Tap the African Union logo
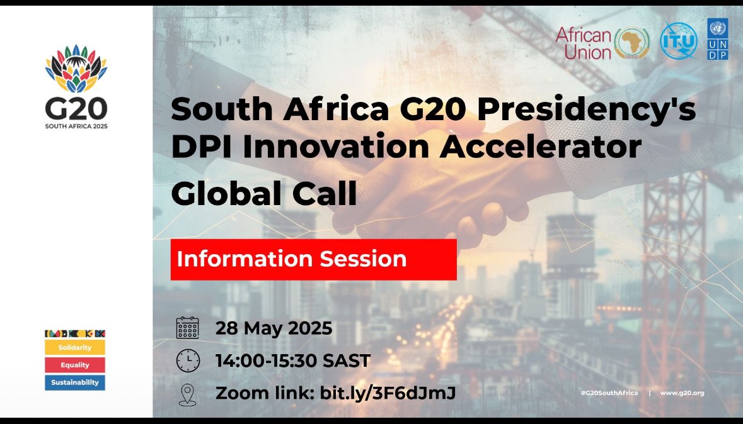[602, 43]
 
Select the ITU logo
[679, 41]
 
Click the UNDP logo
[717, 39]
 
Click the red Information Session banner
[313, 259]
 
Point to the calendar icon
[188, 328]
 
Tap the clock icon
[188, 361]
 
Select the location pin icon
[188, 394]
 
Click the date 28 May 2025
[274, 328]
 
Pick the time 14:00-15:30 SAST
[293, 361]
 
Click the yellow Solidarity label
[75, 347]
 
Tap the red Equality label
[75, 365]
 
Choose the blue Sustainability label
[75, 382]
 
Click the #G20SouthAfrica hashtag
[609, 393]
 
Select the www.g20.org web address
[682, 393]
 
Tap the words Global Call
[264, 195]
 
